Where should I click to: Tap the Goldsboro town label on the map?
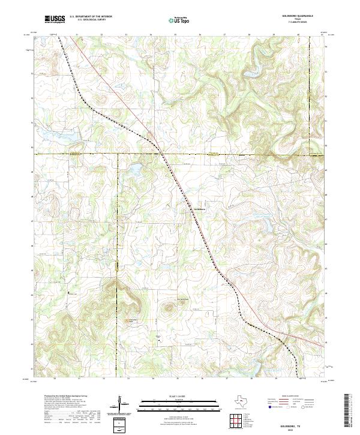click(x=199, y=209)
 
